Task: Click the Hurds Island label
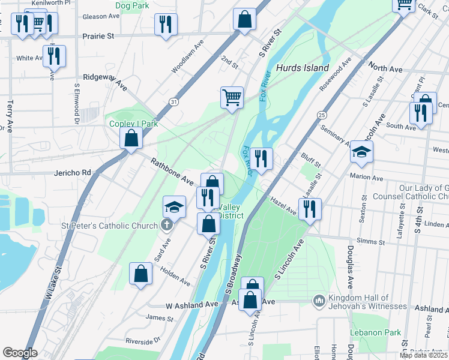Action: coord(303,68)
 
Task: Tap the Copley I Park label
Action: coord(133,124)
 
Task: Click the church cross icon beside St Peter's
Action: coord(167,226)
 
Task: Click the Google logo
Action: coord(20,352)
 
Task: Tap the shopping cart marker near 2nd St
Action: coord(232,97)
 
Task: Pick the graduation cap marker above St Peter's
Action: coord(174,207)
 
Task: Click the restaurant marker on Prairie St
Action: coord(166,25)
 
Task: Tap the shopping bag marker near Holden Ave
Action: coord(140,274)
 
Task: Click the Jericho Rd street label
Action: coord(73,173)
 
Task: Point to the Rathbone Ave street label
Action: coord(172,171)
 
